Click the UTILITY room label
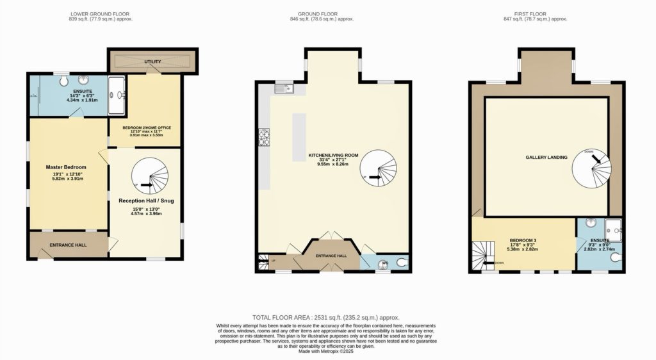152,61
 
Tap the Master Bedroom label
65,167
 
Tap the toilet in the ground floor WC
401,262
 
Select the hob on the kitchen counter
263,136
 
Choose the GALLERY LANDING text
546,157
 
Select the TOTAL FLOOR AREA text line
326,318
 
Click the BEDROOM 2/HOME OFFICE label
147,127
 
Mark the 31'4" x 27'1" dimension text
332,160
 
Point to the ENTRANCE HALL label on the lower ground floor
68,245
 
